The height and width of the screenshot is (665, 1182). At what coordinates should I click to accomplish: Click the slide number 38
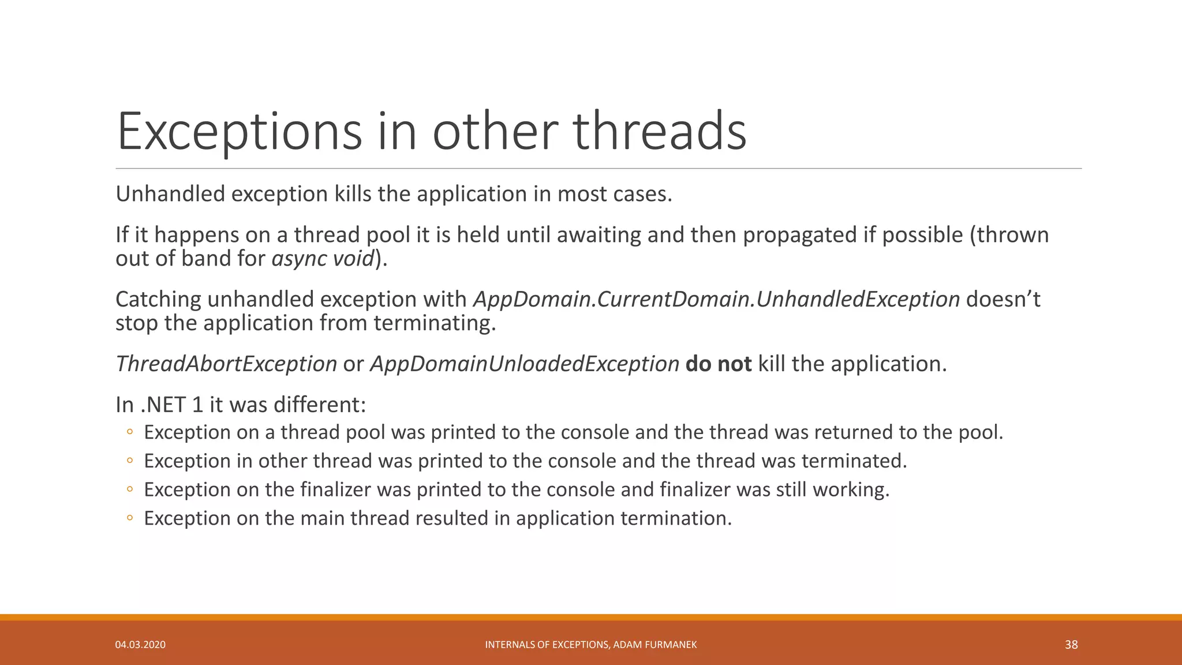[x=1071, y=644]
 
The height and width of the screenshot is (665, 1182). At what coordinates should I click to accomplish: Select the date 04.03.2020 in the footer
[x=140, y=645]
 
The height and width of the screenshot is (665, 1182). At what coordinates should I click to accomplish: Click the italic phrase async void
[x=323, y=258]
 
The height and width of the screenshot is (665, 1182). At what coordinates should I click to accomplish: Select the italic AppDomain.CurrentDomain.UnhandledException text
[x=716, y=299]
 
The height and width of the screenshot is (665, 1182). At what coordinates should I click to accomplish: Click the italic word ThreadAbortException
[x=226, y=364]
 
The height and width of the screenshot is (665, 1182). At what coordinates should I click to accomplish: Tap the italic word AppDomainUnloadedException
[x=525, y=364]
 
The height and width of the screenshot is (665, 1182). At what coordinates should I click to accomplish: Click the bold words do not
[x=718, y=364]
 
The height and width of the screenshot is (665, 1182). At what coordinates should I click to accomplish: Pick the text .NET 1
[x=171, y=405]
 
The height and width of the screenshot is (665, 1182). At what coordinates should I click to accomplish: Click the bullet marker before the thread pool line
[x=130, y=432]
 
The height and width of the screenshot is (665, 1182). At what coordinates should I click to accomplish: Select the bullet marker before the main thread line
[x=130, y=518]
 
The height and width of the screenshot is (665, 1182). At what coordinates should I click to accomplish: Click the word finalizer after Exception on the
[x=335, y=490]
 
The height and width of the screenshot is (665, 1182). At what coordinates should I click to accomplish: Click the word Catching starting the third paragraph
[x=158, y=299]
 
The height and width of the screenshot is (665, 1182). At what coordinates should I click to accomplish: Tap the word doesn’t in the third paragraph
[x=1003, y=299]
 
